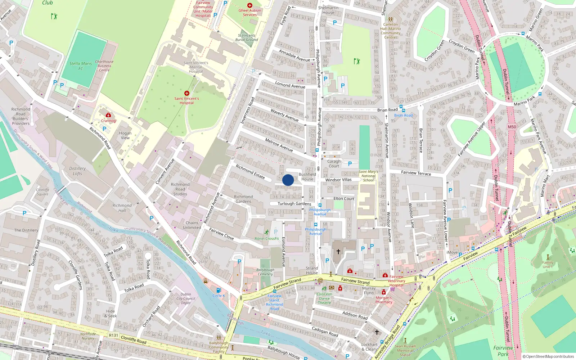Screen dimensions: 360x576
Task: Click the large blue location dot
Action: pos(288,180)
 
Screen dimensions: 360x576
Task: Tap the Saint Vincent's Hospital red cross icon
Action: pos(186,93)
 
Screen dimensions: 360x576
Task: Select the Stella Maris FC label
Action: pos(81,66)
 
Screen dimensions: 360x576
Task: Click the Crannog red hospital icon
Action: pos(108,115)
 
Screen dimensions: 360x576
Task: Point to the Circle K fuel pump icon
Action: pos(218,290)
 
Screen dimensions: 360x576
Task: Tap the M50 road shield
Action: pos(512,127)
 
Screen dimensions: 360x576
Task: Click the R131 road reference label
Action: pos(113,335)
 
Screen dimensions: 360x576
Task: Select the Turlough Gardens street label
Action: pos(294,204)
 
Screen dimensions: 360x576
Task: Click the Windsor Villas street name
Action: pos(338,180)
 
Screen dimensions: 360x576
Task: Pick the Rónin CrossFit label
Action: pos(267,238)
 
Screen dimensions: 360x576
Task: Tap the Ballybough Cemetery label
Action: pos(265,272)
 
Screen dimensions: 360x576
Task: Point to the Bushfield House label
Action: pos(307,176)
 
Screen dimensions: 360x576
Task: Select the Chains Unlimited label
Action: pos(192,225)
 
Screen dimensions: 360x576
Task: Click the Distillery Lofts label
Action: pos(77,171)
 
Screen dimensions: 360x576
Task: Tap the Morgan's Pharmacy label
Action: pos(384,300)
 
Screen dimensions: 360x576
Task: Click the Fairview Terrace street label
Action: pos(416,173)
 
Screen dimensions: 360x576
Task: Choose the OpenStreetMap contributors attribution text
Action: pos(548,356)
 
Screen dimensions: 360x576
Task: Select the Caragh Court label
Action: pos(334,163)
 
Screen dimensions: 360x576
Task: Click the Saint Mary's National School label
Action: pos(368,176)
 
